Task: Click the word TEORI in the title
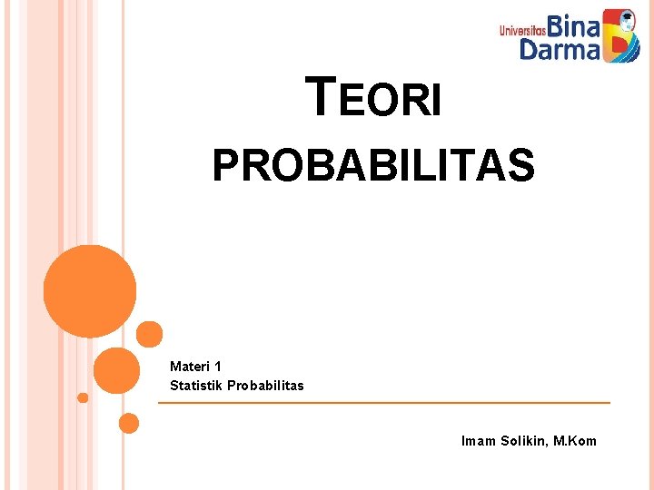pos(375,98)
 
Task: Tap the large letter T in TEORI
pos(322,96)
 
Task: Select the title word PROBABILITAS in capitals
pos(373,166)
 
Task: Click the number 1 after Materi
pos(218,367)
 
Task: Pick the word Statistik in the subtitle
pos(196,386)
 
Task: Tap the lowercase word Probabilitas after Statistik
pos(265,386)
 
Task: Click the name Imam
pos(479,441)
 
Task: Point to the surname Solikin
pos(525,441)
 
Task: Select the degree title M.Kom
pos(576,441)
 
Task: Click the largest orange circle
pos(90,291)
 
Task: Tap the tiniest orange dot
pos(83,397)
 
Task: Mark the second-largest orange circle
pos(116,369)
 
